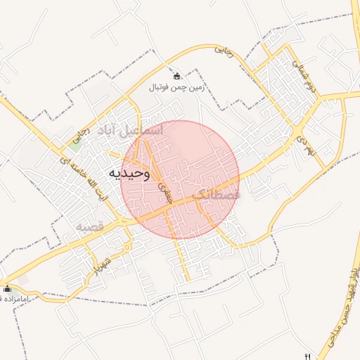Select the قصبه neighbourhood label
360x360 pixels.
click(90, 227)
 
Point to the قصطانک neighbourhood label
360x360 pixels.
click(216, 195)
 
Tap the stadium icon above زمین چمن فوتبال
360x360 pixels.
click(176, 76)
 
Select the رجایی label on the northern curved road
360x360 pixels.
click(222, 50)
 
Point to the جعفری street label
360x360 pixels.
click(163, 186)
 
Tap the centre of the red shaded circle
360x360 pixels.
click(180, 179)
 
